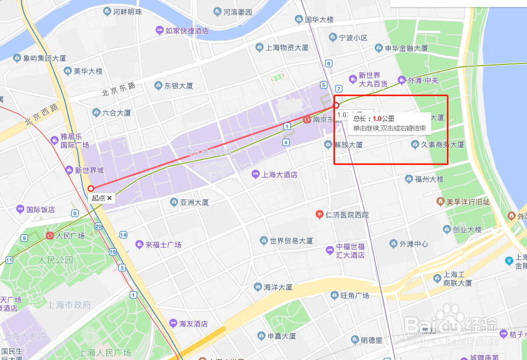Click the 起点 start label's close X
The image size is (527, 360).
click(x=110, y=198)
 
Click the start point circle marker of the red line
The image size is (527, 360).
click(x=91, y=188)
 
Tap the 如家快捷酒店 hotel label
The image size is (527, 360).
click(x=187, y=31)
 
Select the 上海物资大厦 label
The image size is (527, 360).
click(x=287, y=48)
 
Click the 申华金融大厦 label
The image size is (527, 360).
click(x=406, y=48)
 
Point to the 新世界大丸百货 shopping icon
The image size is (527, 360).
click(x=353, y=80)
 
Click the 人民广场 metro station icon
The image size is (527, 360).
click(x=50, y=235)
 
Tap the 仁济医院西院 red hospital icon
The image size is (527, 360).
click(x=319, y=215)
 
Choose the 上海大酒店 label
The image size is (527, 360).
click(x=279, y=175)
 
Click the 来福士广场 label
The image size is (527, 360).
click(x=163, y=244)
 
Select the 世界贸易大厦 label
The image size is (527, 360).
click(x=291, y=240)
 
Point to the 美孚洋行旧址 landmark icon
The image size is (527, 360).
click(x=440, y=202)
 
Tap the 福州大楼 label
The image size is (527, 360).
click(x=424, y=179)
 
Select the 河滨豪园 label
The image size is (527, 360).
click(x=237, y=11)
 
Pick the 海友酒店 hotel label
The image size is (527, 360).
click(x=193, y=323)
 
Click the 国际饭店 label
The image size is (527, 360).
click(x=40, y=210)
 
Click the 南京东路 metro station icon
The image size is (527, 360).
click(x=307, y=120)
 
